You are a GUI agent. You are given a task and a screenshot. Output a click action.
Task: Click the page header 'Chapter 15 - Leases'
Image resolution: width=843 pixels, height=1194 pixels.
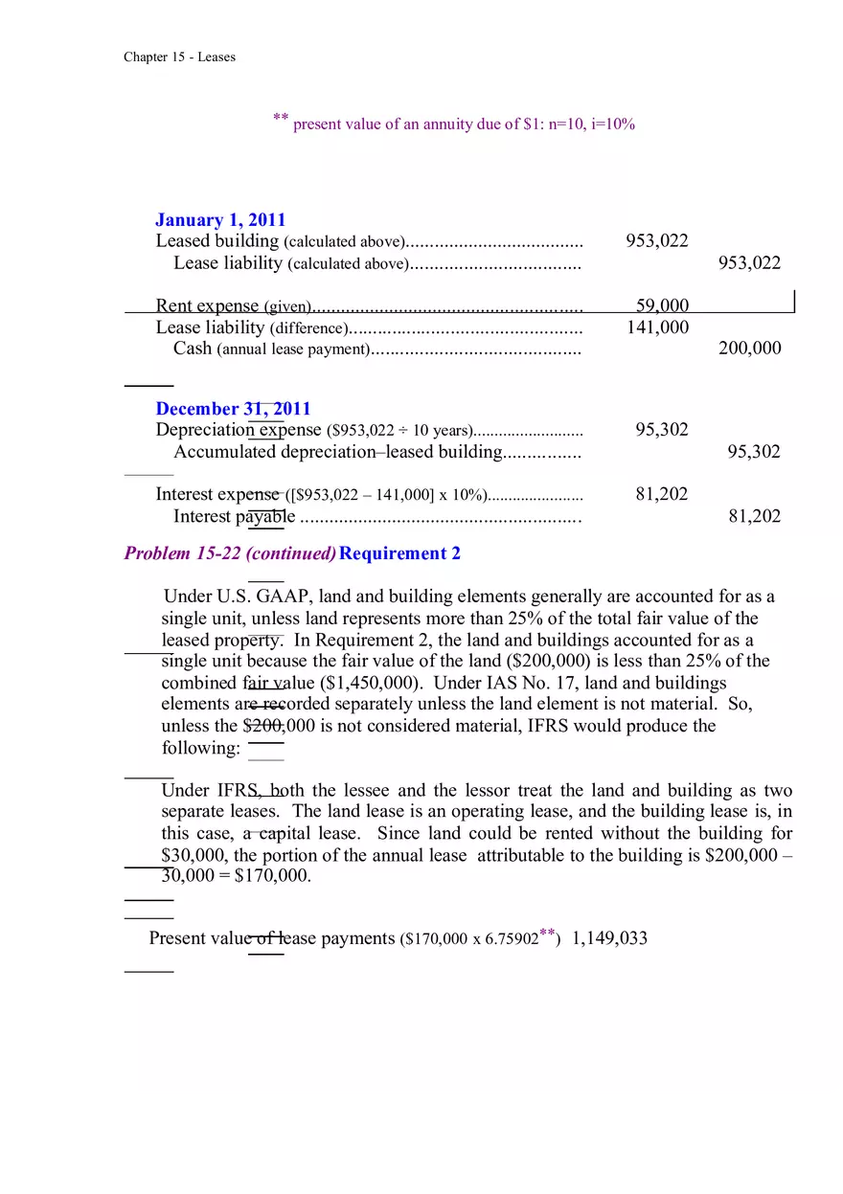(x=179, y=57)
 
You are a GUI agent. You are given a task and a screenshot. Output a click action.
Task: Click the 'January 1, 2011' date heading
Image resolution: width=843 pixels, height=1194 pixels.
(x=220, y=220)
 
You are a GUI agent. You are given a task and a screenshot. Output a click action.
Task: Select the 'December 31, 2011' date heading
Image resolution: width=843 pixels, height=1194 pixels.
(x=233, y=409)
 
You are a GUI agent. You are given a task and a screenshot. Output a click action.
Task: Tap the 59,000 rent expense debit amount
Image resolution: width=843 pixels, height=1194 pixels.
(x=662, y=305)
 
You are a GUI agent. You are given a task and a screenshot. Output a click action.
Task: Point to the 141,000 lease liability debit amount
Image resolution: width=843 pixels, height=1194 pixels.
(x=657, y=327)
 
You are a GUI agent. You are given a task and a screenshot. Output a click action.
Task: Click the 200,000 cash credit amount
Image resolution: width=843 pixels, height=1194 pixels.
(x=749, y=349)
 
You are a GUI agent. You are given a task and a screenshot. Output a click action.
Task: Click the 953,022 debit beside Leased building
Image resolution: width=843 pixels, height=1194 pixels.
(x=656, y=241)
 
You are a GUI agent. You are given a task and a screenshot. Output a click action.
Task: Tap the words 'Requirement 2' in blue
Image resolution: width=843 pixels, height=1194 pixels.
(x=399, y=553)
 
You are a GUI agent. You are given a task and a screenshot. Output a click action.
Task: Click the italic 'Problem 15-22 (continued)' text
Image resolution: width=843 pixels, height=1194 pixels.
(x=230, y=553)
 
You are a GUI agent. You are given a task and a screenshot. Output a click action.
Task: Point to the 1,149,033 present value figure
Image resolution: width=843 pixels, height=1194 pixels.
(x=609, y=938)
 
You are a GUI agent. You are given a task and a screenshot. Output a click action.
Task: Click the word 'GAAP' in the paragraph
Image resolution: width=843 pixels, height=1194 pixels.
(x=285, y=597)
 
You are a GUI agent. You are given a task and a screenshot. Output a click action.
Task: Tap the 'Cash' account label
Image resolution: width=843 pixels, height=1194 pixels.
(x=193, y=349)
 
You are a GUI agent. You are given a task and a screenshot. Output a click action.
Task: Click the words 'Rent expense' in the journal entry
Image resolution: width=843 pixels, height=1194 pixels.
(x=207, y=305)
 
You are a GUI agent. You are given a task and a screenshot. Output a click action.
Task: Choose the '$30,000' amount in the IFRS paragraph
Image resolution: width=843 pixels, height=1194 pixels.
(x=194, y=855)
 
